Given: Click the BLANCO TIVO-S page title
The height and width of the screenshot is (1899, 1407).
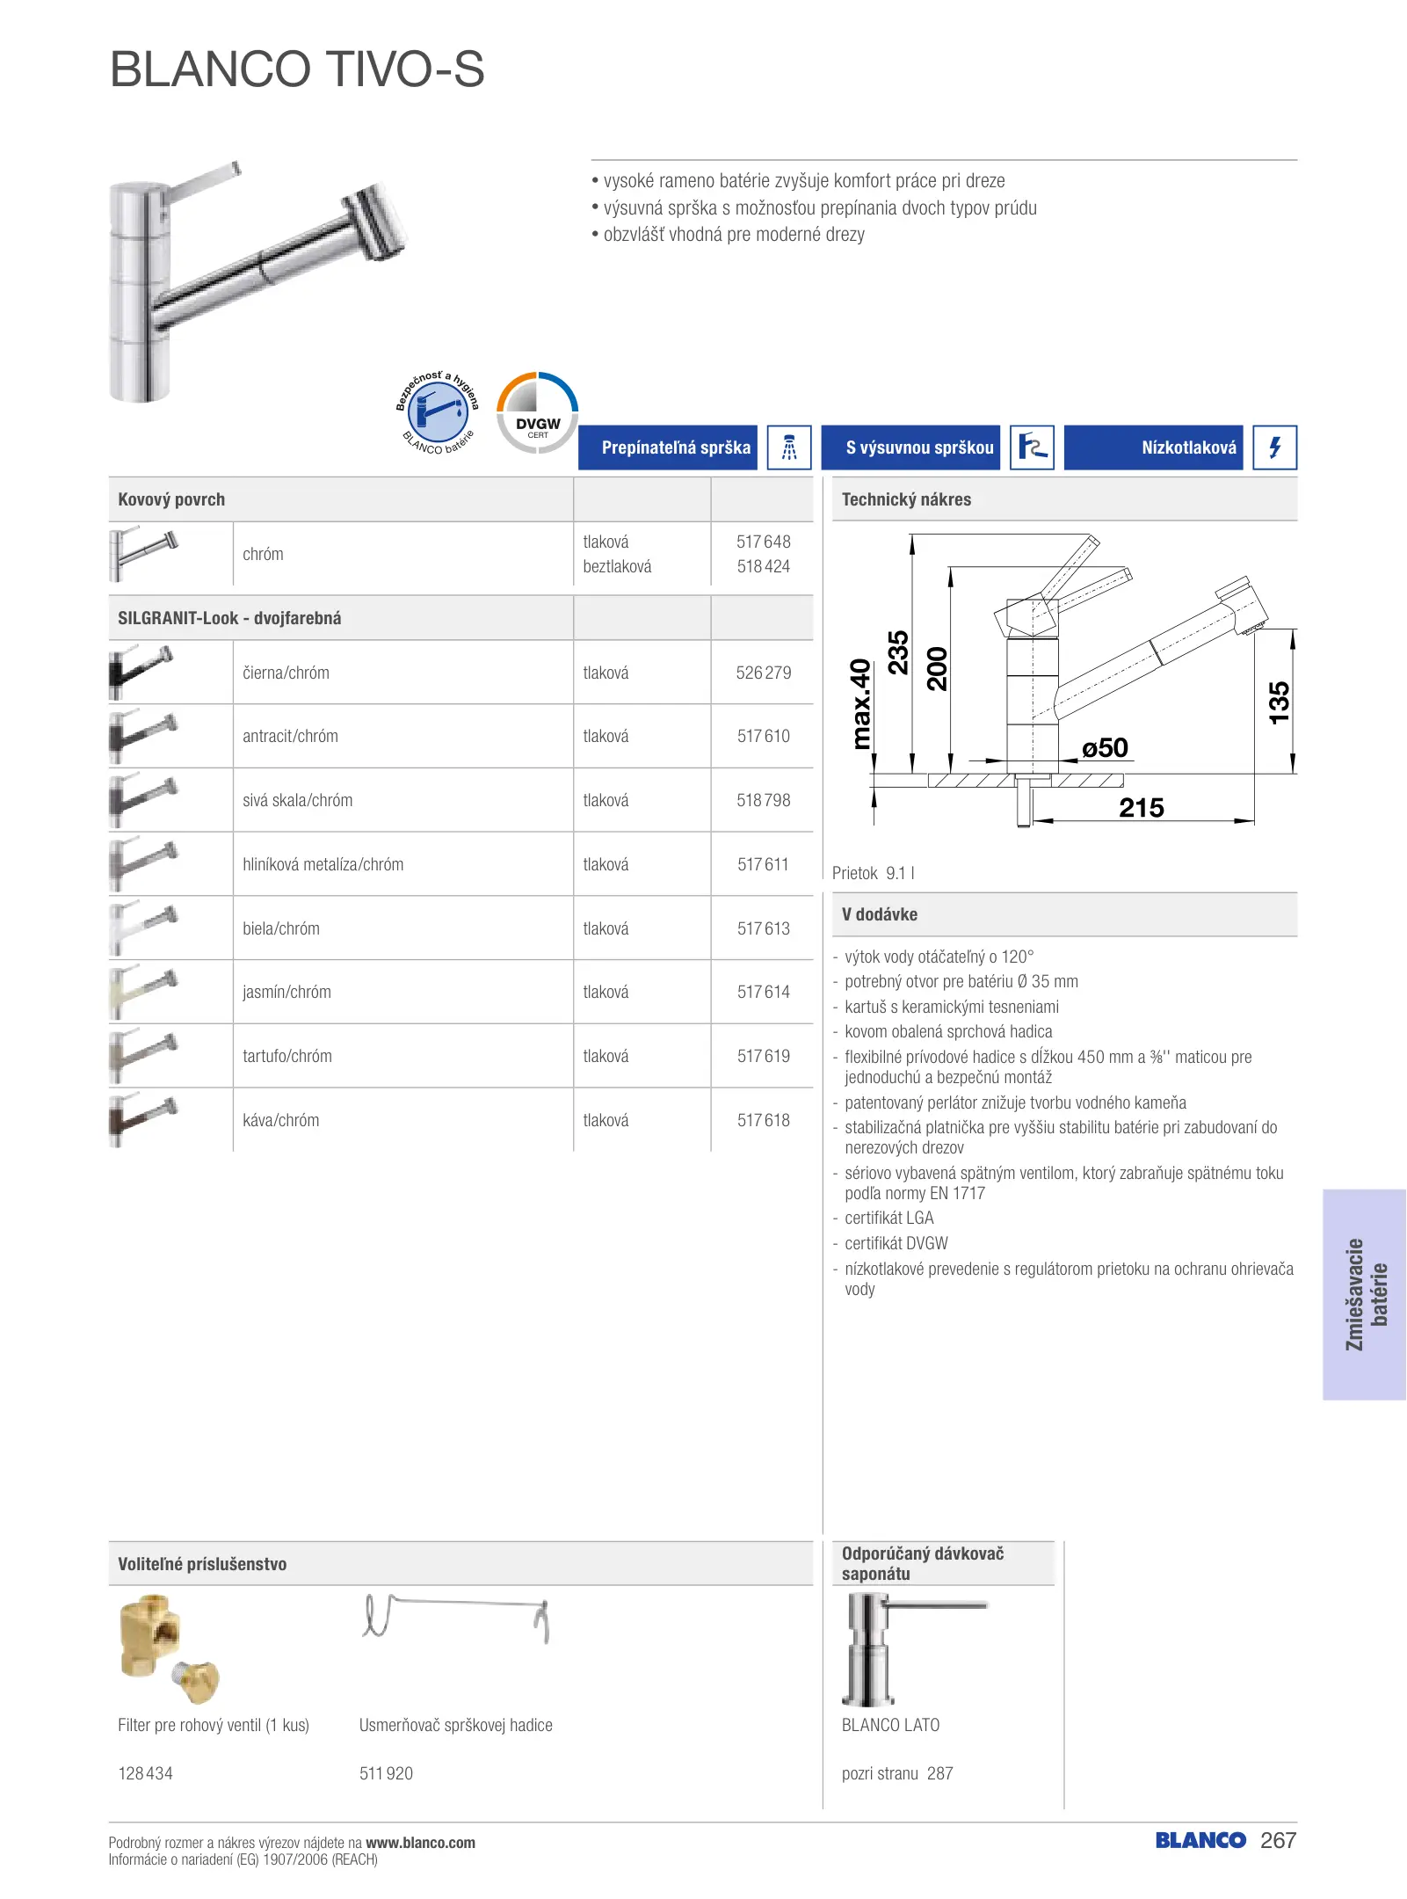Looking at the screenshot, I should [297, 69].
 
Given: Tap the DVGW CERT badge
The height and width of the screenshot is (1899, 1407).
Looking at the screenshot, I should [537, 413].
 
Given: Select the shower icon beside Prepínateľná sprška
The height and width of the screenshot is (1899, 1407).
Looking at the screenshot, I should [788, 447].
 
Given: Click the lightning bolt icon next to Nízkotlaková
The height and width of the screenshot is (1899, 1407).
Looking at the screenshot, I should [1274, 447].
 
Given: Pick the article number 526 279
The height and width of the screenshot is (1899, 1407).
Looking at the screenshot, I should [763, 673].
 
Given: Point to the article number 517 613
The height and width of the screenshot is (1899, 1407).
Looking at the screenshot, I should [763, 928].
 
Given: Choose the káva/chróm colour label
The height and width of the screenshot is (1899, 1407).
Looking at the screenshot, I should [281, 1120].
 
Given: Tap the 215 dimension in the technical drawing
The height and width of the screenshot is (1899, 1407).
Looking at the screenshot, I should [1141, 807].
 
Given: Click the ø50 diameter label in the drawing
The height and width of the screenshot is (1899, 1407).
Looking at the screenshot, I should [1105, 748].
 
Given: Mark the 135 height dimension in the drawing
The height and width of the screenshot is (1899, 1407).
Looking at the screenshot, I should [1279, 702].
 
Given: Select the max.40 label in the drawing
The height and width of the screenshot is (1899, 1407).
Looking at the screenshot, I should [861, 703].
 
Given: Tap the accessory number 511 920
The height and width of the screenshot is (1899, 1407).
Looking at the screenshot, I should [386, 1773].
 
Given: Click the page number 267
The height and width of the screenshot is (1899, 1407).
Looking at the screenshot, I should [1278, 1840].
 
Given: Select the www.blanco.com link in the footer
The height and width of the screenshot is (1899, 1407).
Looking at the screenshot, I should [420, 1843].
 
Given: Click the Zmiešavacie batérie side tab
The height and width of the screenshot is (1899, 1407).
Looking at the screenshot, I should [1365, 1294].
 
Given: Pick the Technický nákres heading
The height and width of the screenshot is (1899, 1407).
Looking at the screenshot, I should [906, 499].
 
